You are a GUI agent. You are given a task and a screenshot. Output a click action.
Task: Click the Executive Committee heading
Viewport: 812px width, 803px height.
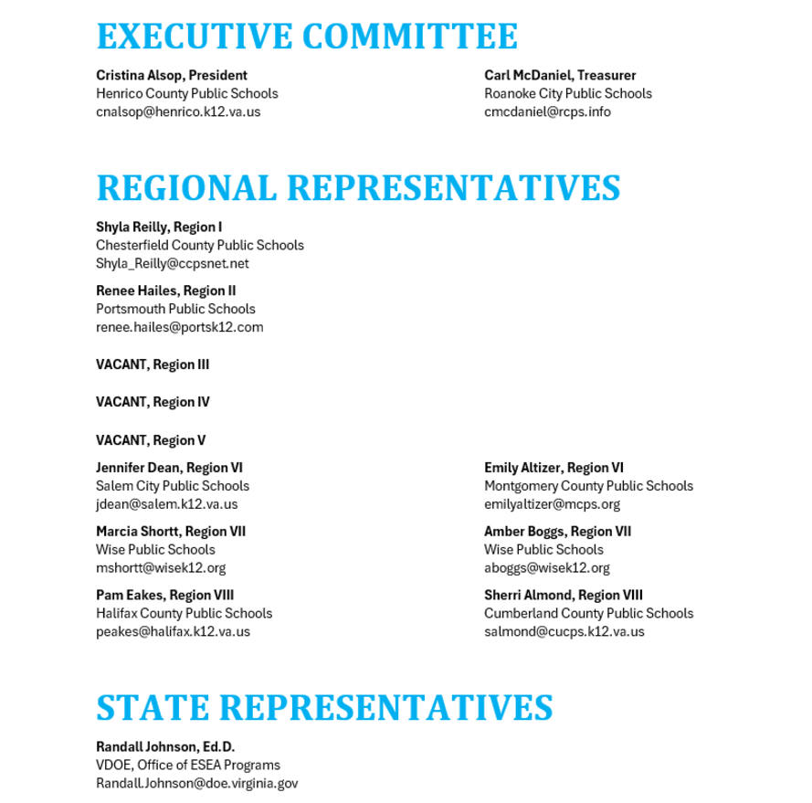click(x=307, y=37)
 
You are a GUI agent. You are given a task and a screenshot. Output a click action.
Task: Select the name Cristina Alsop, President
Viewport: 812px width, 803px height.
click(x=172, y=75)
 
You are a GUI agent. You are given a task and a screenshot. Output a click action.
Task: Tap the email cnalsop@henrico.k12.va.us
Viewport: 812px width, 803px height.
click(x=178, y=111)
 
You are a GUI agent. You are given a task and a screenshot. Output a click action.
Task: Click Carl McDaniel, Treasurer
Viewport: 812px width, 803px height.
click(x=560, y=75)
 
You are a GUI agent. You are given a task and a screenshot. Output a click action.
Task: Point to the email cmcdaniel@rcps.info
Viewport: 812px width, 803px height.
click(x=547, y=111)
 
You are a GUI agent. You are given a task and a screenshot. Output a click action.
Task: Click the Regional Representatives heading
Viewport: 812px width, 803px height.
click(x=358, y=187)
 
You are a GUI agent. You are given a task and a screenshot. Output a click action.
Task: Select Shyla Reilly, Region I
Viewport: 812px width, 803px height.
click(x=159, y=227)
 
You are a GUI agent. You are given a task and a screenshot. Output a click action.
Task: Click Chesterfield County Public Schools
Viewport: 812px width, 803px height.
click(x=200, y=245)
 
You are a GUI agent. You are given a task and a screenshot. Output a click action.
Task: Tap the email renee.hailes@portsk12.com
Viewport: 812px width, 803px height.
click(x=180, y=327)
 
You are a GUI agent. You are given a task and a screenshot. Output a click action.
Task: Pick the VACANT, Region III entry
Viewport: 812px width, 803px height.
click(x=153, y=365)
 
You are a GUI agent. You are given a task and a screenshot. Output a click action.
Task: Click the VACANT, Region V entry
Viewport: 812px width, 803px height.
click(x=151, y=440)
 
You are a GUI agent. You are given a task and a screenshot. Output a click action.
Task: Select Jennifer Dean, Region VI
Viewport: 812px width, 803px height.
click(x=169, y=468)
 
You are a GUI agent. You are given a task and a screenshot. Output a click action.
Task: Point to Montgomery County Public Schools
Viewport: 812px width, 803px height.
click(x=588, y=486)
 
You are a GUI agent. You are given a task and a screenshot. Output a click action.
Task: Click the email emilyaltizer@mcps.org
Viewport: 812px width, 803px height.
click(x=552, y=504)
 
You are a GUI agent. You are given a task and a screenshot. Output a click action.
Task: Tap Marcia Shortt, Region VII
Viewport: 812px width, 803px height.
click(x=171, y=532)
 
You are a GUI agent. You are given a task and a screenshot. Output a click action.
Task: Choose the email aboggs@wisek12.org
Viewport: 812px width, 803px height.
click(x=546, y=568)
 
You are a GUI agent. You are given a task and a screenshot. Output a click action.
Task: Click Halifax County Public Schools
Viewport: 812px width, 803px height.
click(x=184, y=614)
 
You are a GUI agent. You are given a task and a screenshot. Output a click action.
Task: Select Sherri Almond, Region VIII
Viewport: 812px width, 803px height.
click(x=564, y=596)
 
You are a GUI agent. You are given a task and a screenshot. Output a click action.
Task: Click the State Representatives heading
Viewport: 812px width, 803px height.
click(x=324, y=707)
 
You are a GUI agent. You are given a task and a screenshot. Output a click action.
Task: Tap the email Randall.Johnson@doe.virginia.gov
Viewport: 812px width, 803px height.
click(x=197, y=784)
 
